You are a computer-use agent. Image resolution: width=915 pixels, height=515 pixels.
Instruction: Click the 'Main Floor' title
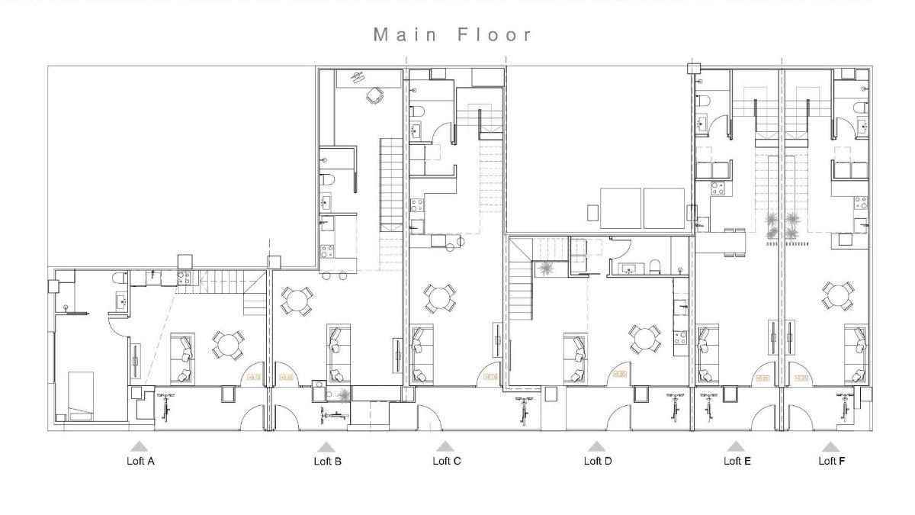[453, 35]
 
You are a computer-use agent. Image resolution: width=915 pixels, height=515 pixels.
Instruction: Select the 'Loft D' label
[597, 461]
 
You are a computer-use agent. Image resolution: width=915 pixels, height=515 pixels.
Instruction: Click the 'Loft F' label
[831, 461]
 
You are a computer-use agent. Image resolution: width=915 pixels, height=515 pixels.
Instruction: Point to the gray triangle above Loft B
[326, 446]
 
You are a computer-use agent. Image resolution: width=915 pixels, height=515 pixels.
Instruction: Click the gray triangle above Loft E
[735, 446]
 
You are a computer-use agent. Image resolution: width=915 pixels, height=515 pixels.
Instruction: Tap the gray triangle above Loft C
[445, 446]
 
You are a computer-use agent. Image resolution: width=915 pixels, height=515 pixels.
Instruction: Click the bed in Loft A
[79, 394]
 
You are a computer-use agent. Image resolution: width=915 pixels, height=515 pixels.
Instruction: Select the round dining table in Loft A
[228, 346]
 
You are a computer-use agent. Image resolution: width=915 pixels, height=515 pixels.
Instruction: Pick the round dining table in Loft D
[645, 338]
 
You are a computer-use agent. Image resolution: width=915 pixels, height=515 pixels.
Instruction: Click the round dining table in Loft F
[837, 296]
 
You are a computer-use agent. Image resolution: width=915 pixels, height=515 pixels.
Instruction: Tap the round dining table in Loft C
[441, 298]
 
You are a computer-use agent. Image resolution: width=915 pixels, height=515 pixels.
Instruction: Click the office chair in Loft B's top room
[374, 95]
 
